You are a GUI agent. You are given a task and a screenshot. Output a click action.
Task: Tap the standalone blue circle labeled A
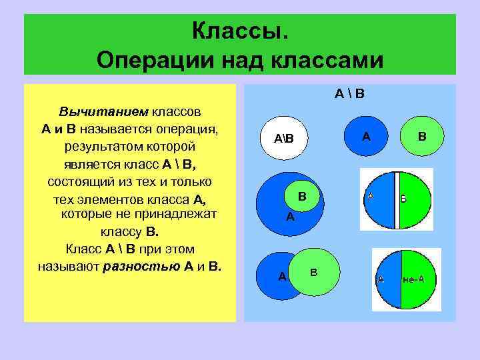click(366, 136)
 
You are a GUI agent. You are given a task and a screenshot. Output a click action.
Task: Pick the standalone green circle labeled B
click(421, 136)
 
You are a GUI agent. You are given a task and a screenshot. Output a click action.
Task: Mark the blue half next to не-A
click(386, 279)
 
